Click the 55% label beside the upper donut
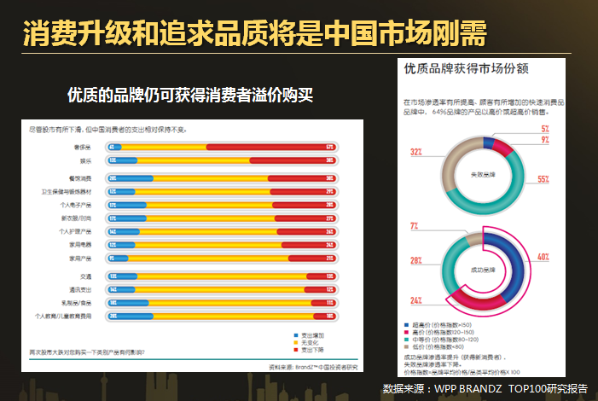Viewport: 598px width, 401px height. pyautogui.click(x=543, y=180)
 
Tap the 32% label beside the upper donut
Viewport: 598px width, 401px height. pyautogui.click(x=415, y=152)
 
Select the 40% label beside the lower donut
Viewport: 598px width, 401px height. pyautogui.click(x=543, y=256)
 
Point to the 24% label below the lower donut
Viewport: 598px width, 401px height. pyautogui.click(x=415, y=301)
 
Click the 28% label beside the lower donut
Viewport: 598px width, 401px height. pyautogui.click(x=415, y=260)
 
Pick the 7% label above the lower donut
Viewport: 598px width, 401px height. pyautogui.click(x=415, y=225)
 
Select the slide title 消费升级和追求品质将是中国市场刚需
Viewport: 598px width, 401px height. pyautogui.click(x=255, y=35)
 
